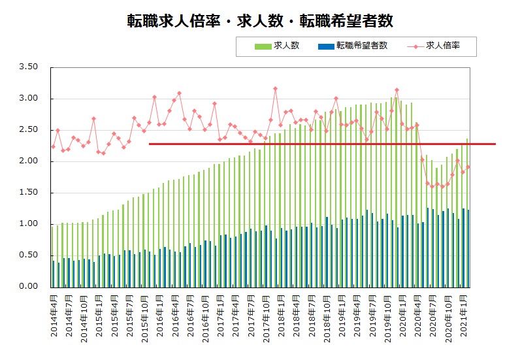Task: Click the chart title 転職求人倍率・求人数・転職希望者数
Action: [x=260, y=20]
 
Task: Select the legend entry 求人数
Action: [x=285, y=46]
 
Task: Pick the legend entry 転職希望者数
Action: [x=361, y=46]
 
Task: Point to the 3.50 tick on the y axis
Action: [x=29, y=67]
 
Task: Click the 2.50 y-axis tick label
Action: [x=29, y=130]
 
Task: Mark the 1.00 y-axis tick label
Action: [x=29, y=224]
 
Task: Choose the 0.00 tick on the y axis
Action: [x=29, y=287]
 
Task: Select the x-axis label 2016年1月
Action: [x=160, y=318]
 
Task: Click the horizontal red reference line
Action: [x=327, y=144]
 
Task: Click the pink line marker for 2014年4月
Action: [x=53, y=146]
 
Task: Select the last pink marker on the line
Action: [x=468, y=167]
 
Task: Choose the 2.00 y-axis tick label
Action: [x=29, y=161]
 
